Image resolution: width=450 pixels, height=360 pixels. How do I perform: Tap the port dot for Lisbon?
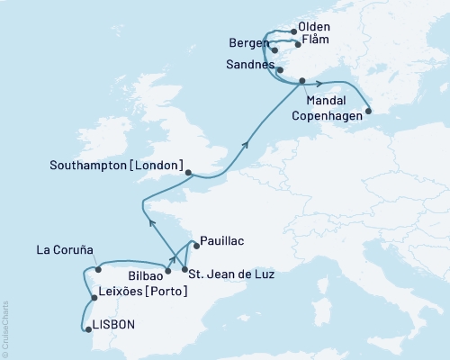click(x=87, y=329)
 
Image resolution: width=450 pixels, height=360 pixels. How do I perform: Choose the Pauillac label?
click(x=222, y=241)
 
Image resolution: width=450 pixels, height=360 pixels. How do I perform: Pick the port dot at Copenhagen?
click(x=367, y=113)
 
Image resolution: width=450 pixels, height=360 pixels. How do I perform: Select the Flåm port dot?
click(x=298, y=42)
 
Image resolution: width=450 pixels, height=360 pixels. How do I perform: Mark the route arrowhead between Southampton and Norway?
click(x=245, y=140)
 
